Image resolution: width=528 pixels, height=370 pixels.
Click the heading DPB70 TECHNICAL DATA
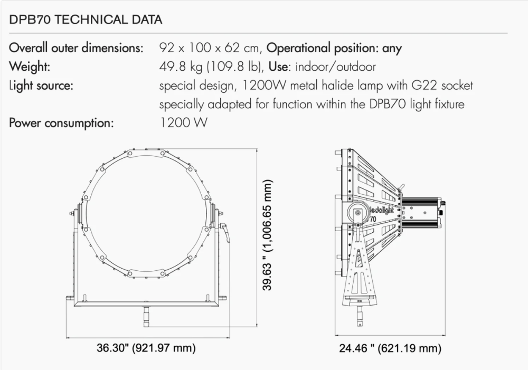coord(86,20)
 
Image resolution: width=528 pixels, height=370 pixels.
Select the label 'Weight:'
coord(30,67)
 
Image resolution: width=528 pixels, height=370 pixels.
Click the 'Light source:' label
coord(41,86)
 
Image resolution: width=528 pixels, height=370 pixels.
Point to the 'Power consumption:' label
coord(61,124)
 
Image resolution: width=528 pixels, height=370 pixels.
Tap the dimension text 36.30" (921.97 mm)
coord(146,348)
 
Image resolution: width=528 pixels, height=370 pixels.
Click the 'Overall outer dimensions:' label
coord(77,48)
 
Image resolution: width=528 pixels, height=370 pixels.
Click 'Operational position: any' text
coord(334,48)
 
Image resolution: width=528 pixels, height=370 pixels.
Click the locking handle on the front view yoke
coord(226,232)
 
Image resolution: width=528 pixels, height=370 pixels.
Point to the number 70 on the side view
coord(373,219)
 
